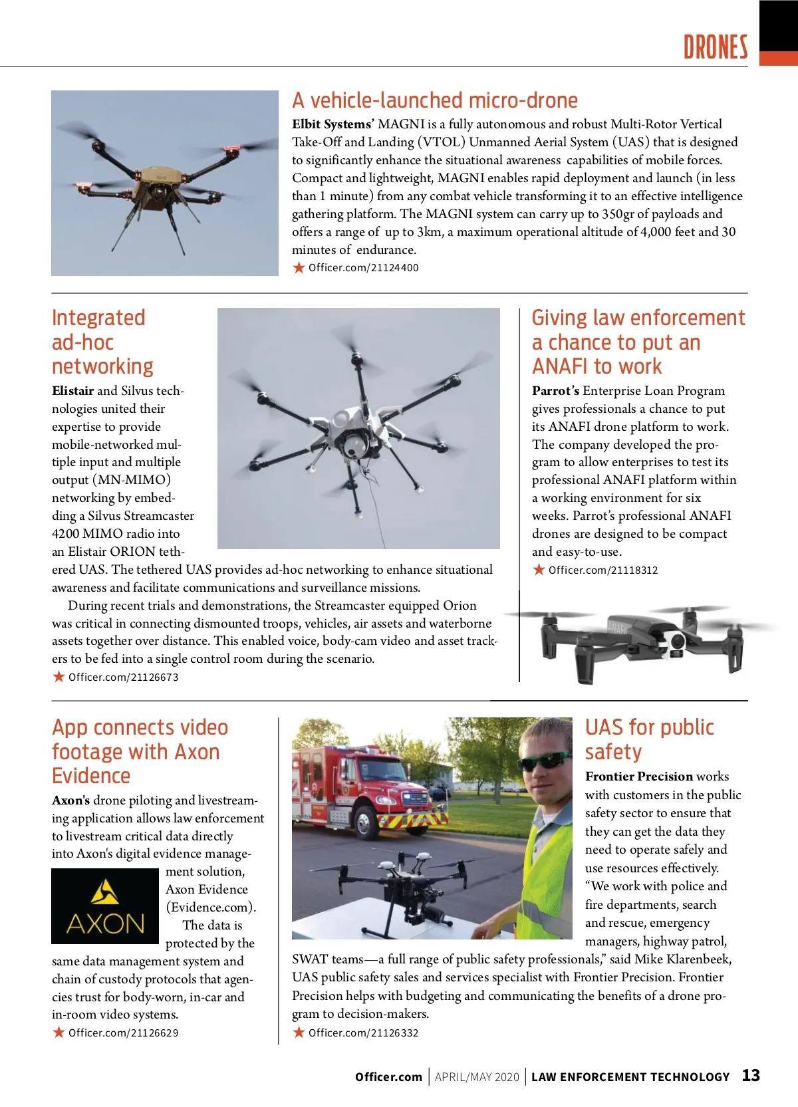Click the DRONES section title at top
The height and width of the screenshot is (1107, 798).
(716, 47)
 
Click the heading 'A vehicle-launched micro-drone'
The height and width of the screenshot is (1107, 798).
(435, 100)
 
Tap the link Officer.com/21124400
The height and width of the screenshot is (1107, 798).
(363, 268)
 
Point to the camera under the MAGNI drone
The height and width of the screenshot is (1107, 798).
(160, 193)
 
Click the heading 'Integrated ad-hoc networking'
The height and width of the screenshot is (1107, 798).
(102, 342)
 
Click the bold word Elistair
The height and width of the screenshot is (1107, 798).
(73, 391)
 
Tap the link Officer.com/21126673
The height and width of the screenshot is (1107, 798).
(123, 677)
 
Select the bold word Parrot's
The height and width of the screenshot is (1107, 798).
(555, 391)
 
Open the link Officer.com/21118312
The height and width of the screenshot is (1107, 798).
(602, 570)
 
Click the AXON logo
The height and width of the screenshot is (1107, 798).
(105, 906)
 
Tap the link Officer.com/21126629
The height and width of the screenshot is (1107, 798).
(123, 1033)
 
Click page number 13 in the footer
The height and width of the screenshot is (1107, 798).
(751, 1076)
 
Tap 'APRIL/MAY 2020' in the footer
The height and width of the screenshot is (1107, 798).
(477, 1077)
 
